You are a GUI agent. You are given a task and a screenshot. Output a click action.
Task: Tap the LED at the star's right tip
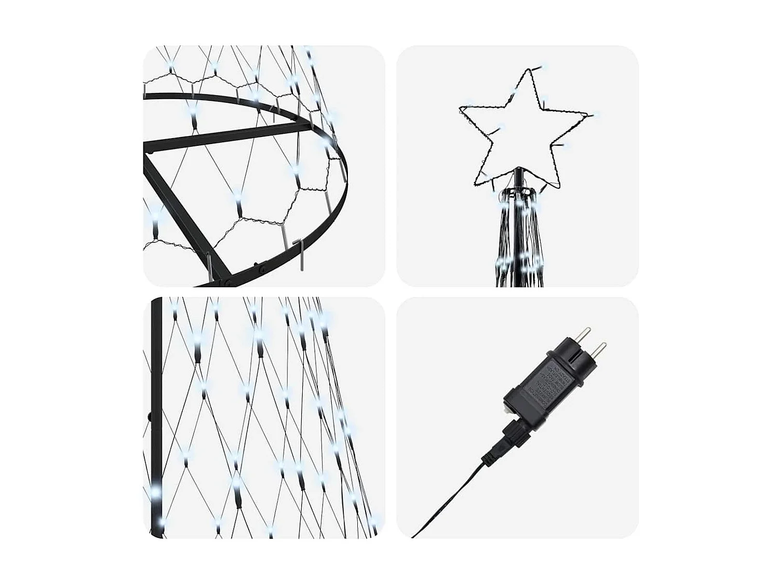[x=596, y=114]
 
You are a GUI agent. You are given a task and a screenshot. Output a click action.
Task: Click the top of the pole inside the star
[x=518, y=169]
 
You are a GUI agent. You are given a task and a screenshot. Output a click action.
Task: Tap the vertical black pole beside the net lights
[x=156, y=363]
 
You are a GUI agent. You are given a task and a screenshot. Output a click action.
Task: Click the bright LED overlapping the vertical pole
[x=155, y=490]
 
